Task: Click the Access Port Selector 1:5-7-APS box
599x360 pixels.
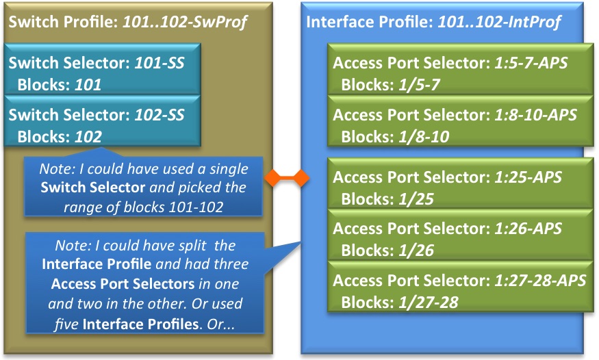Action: point(455,73)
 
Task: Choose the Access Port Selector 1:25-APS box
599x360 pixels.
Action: point(455,186)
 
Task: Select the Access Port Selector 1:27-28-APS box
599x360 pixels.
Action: point(455,290)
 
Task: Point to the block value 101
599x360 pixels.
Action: point(88,86)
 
